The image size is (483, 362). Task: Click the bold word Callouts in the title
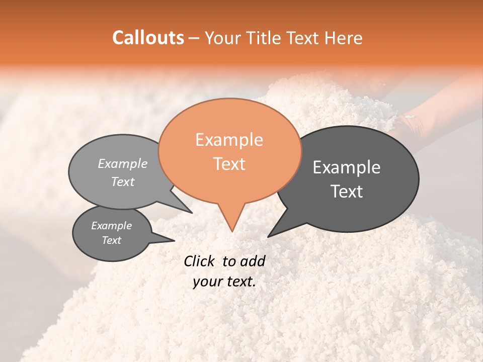point(148,38)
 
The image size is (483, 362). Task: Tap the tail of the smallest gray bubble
point(171,240)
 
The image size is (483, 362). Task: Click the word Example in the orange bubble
point(229,140)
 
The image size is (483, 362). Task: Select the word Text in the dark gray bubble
point(347,192)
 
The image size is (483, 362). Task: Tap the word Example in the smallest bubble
point(112,226)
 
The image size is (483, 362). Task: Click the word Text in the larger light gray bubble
point(123,182)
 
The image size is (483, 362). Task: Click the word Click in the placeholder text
point(200,261)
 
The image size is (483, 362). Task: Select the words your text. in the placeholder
point(224,282)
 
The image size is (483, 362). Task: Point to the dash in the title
point(194,38)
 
